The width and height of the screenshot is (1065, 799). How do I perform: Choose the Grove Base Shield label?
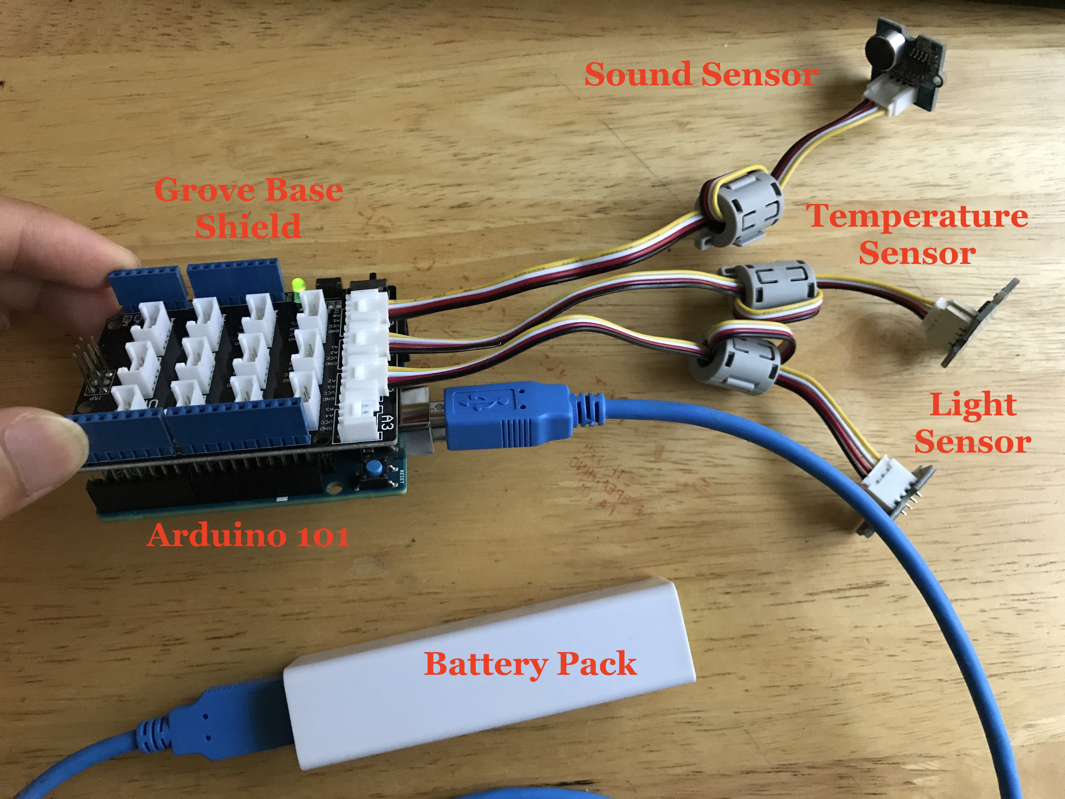pos(249,208)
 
